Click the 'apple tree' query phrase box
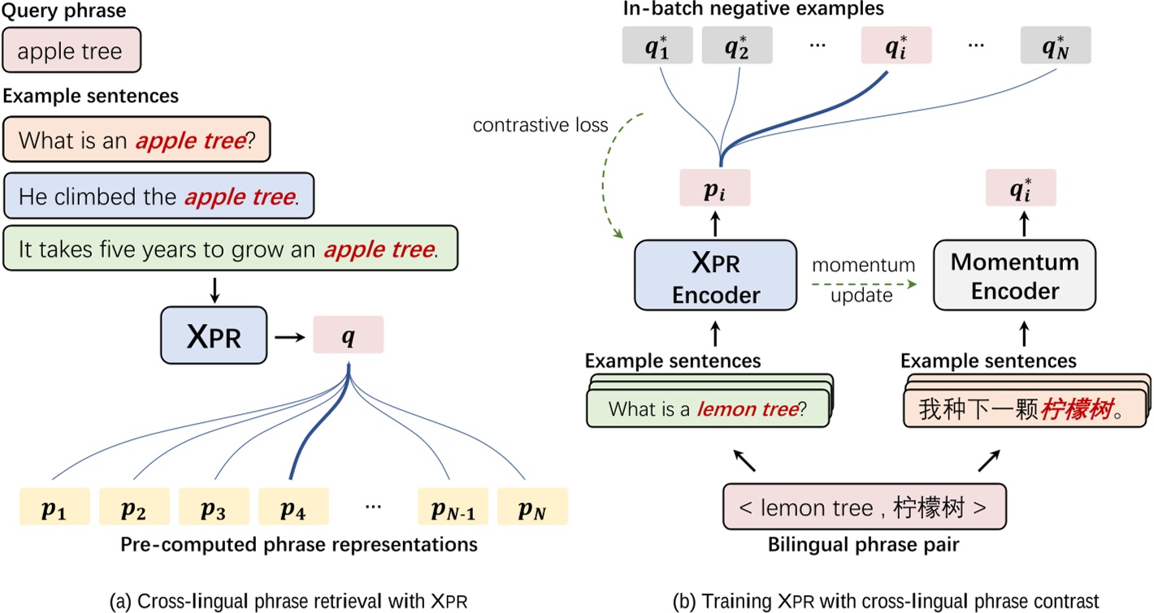[72, 52]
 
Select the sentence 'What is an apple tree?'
[137, 140]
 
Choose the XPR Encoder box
[715, 274]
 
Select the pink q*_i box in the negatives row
[896, 47]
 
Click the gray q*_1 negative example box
[655, 47]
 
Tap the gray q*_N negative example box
[1056, 47]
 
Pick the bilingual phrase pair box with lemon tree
[864, 508]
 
